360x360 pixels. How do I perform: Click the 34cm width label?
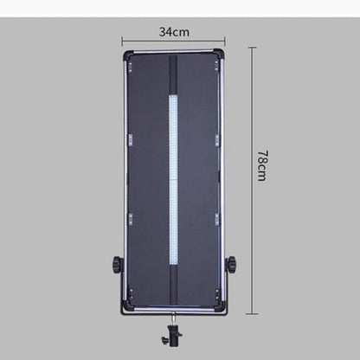[174, 32]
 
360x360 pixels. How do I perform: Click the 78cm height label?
[261, 166]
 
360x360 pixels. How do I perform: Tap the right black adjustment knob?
[231, 263]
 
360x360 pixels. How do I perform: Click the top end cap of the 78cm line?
[251, 48]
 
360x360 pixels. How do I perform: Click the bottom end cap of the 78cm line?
[251, 313]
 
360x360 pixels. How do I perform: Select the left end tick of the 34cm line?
[122, 40]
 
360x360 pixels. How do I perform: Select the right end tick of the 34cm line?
[224, 40]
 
